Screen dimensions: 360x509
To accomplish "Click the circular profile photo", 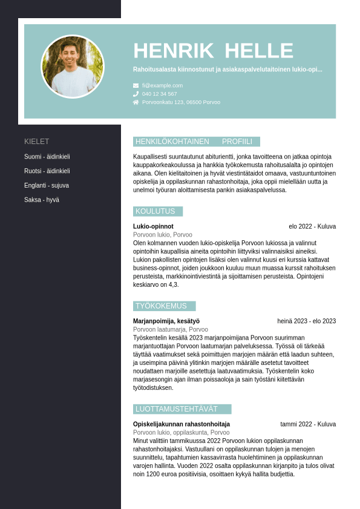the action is click(x=73, y=67).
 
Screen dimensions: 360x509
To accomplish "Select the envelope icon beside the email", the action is click(x=136, y=85).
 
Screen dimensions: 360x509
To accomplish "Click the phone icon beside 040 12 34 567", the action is click(x=136, y=94).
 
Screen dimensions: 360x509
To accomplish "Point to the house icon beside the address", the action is click(x=136, y=102).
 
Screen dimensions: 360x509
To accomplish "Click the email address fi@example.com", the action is click(x=162, y=85).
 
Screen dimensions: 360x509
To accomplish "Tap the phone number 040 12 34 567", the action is click(x=160, y=94).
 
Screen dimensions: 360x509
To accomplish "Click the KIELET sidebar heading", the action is click(x=37, y=142).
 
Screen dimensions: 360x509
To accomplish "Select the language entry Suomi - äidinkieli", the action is click(x=47, y=157).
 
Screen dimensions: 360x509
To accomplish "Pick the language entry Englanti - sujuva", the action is click(x=47, y=186).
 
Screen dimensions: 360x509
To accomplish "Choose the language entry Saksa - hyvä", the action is click(x=42, y=200).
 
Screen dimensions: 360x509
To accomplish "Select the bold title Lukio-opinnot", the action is click(x=153, y=226).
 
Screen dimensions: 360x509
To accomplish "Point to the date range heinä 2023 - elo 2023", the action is click(x=306, y=321).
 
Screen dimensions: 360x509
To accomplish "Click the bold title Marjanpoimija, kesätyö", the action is click(x=166, y=321).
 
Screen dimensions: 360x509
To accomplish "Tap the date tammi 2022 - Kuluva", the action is click(x=308, y=424).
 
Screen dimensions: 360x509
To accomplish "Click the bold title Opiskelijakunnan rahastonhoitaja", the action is click(x=182, y=424).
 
